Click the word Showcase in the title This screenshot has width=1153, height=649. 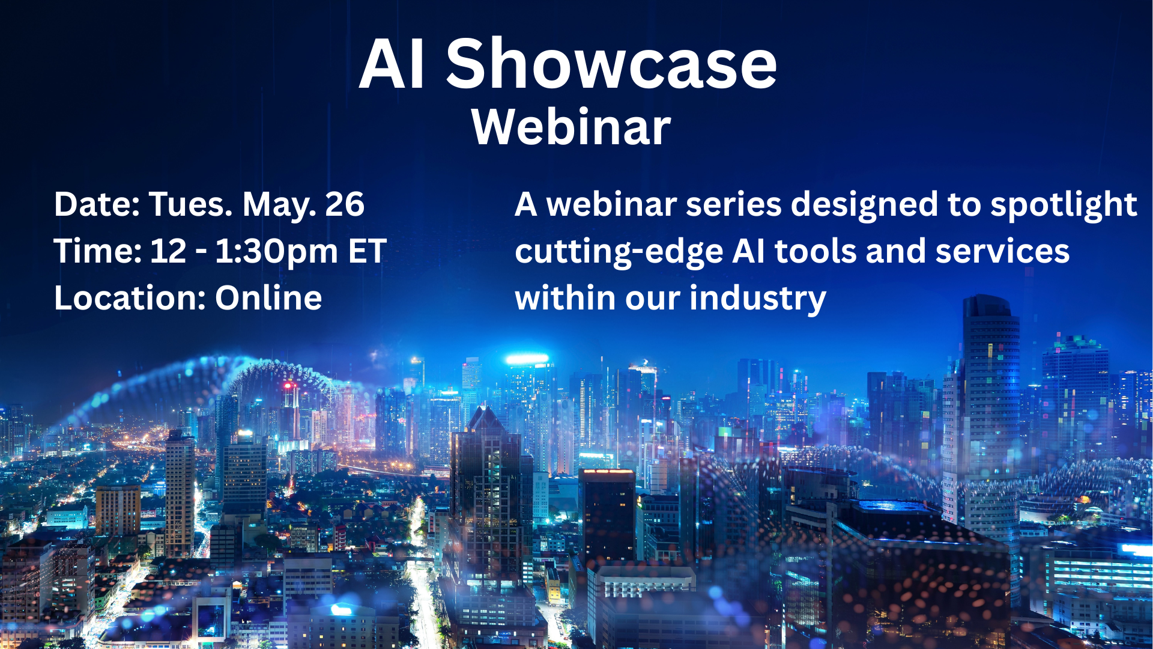click(611, 64)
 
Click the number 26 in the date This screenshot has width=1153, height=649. click(345, 204)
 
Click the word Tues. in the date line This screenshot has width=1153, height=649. click(190, 204)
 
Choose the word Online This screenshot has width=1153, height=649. click(268, 297)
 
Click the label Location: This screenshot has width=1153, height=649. click(130, 297)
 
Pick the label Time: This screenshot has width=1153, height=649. click(98, 251)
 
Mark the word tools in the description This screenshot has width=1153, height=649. click(816, 251)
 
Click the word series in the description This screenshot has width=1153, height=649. click(734, 204)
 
